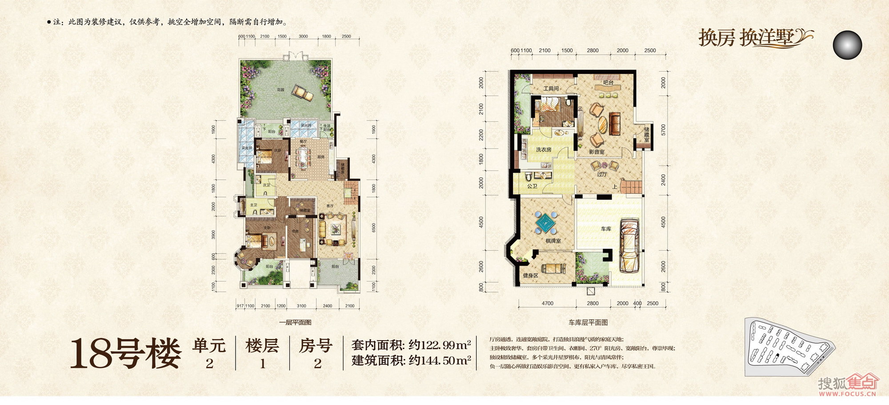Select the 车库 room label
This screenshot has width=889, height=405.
click(x=606, y=229)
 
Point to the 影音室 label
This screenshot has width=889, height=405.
click(x=597, y=152)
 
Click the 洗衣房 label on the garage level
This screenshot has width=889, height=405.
click(x=543, y=150)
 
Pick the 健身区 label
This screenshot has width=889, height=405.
click(x=530, y=276)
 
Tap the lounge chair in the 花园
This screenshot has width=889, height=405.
click(x=302, y=92)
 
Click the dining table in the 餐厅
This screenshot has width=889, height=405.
click(x=304, y=158)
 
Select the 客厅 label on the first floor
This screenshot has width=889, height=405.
click(x=329, y=206)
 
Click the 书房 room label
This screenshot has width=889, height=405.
click(x=295, y=231)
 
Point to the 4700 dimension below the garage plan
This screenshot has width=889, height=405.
click(x=547, y=304)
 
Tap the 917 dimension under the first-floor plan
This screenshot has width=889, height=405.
click(x=240, y=306)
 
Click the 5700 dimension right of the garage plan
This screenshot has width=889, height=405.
click(x=663, y=130)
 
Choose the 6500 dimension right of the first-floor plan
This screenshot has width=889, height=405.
click(x=373, y=228)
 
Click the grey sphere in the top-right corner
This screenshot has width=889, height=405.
click(x=847, y=45)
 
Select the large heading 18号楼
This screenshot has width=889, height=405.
click(x=126, y=353)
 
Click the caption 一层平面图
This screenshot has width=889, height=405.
click(x=295, y=322)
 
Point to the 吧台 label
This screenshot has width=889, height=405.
click(x=608, y=83)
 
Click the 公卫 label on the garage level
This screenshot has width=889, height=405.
click(x=532, y=186)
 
